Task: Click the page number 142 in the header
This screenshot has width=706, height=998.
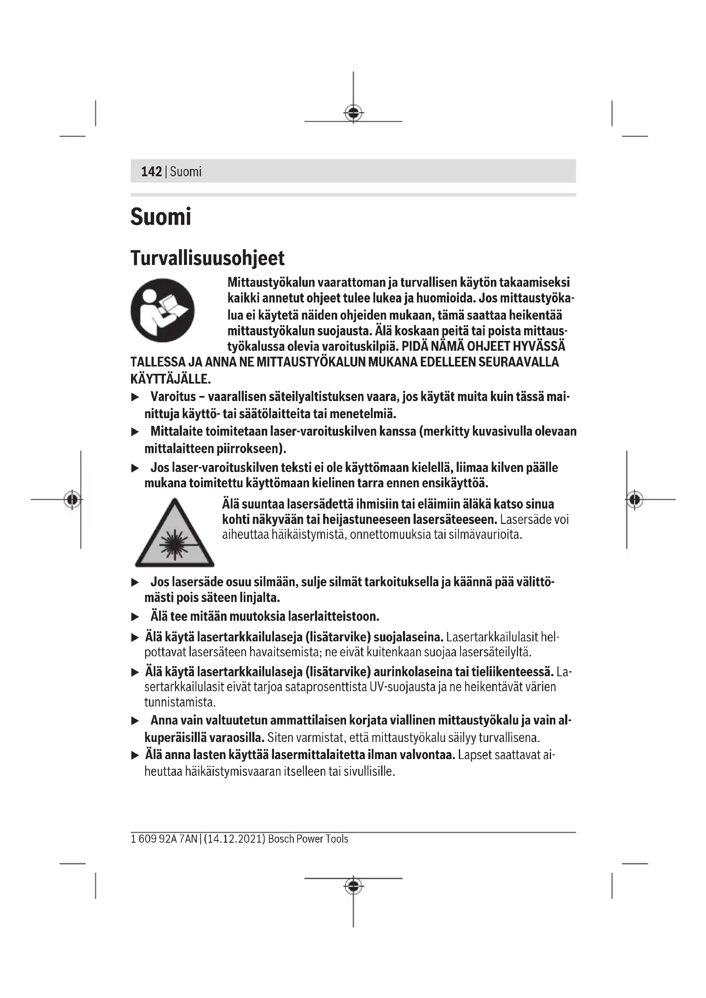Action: pos(151,172)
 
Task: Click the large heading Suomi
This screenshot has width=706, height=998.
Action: pos(160,217)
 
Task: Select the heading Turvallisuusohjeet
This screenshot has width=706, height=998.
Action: pos(207,258)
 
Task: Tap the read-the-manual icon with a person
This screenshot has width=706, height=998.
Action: pos(163,310)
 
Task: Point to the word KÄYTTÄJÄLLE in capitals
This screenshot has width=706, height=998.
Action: pos(170,379)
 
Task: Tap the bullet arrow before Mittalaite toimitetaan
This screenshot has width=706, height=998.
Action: pos(135,432)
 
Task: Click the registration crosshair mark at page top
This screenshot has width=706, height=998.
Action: pos(353,113)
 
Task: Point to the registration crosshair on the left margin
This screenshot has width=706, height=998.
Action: pos(72,500)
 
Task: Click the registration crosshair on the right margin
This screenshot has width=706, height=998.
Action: pos(634,500)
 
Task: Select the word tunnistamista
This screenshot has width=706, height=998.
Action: pos(180,702)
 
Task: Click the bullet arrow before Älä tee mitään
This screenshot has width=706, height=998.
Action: pos(135,617)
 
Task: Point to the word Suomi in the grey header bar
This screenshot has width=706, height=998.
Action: pos(186,172)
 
